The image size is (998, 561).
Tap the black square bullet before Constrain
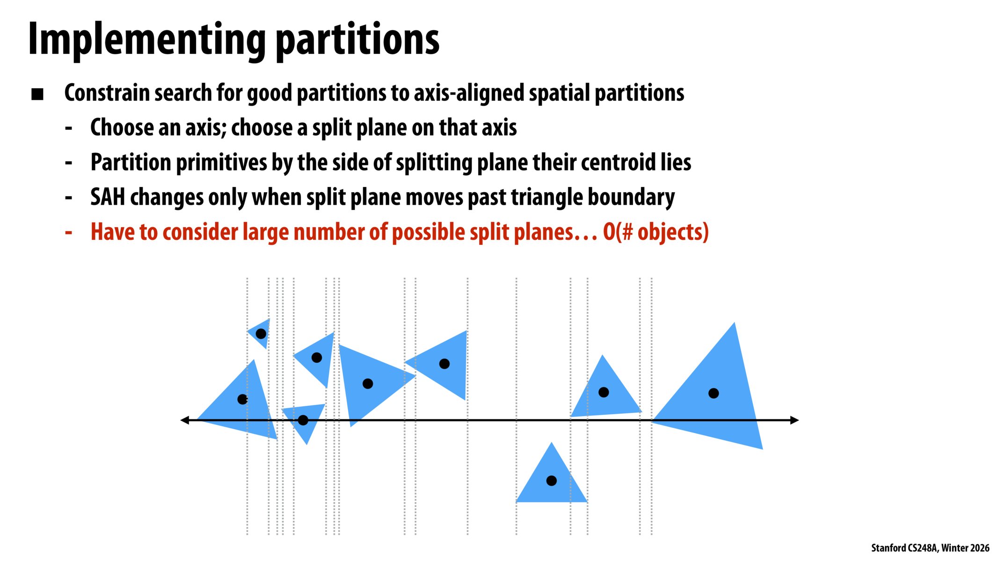tap(37, 94)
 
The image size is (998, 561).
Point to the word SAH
tap(108, 197)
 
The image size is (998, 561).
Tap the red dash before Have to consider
tap(69, 232)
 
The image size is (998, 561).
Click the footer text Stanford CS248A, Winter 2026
tap(930, 548)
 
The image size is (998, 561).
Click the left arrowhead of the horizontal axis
tap(184, 420)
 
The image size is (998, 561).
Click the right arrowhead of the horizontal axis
tap(794, 420)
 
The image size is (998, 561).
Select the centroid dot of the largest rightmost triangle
tap(714, 394)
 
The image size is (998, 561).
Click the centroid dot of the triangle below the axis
tap(552, 481)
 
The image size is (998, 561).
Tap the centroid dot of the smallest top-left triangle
tap(261, 334)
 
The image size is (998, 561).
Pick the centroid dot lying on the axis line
tap(303, 420)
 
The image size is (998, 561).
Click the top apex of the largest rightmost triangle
tap(735, 323)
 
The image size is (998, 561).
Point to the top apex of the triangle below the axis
tap(552, 443)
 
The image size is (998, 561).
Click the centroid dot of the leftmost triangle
tap(242, 399)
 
